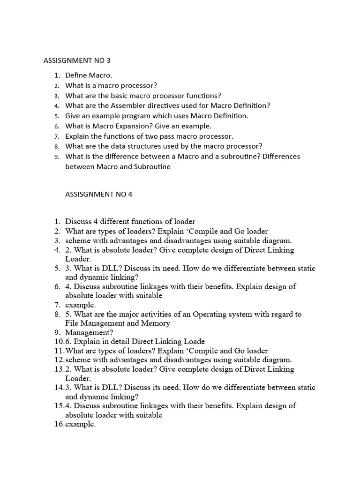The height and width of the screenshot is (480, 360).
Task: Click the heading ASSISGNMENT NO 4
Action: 98,194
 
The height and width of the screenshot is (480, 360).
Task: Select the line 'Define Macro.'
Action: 89,75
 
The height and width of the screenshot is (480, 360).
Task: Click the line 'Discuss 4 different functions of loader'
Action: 130,221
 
